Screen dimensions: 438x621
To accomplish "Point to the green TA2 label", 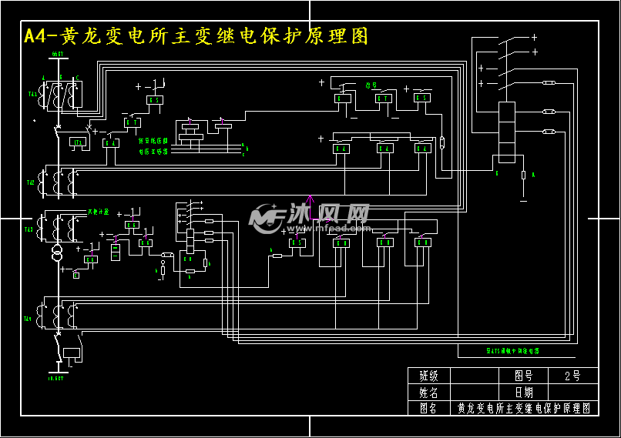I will click(30, 183).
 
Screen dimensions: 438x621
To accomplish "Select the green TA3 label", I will click(29, 229).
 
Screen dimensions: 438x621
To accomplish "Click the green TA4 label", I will click(28, 318).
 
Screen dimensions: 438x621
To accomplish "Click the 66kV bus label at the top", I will click(57, 55).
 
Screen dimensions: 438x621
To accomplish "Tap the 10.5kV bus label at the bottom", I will click(55, 378).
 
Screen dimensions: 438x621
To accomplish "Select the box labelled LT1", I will click(77, 142).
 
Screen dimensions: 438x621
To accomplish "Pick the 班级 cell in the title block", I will click(428, 376).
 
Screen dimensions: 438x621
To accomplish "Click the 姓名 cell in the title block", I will click(428, 392).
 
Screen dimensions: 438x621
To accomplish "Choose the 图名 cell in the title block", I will click(428, 408).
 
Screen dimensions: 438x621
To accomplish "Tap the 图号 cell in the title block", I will click(524, 376).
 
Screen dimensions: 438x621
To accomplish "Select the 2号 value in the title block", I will click(572, 376).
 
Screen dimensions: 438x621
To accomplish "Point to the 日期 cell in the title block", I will click(524, 392).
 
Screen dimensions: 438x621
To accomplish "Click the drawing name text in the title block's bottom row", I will click(523, 408).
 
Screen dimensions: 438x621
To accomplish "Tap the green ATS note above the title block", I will click(512, 350).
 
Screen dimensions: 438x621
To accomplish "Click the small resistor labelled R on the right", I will click(524, 176).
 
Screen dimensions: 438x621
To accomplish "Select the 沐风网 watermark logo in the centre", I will click(308, 218).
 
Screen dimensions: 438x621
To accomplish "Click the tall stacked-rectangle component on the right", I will click(506, 132).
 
